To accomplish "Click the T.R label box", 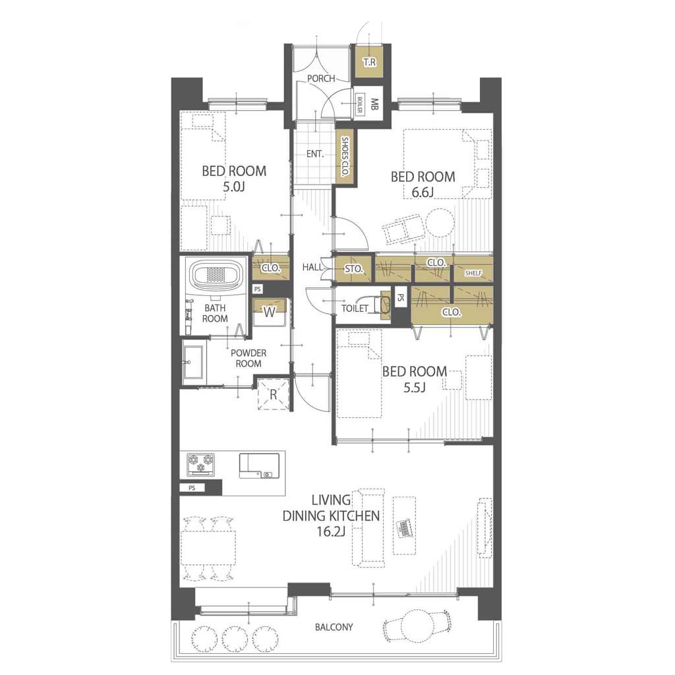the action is pos(368,62).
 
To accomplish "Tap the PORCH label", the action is pos(321,78).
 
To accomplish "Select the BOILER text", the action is pos(360,105).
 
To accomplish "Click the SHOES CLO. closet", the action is pos(344,157).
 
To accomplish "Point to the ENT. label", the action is pos(315,154).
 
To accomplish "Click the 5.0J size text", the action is pos(234,187).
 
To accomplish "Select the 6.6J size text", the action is pos(422,192).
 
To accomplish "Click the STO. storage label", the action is pos(353,269).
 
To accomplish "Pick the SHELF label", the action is pos(473,273).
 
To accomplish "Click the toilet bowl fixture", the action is pos(382,305).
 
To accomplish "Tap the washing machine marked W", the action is pos(270,312).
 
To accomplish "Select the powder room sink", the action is pos(193,362).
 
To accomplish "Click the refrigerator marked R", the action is pos(273,394).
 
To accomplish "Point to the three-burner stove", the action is pos(200,464).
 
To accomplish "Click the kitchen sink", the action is pos(259,465).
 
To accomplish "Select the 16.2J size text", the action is pos(331,532).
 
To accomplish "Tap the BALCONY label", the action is pos(334,627).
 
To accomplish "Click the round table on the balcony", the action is pos(417,624).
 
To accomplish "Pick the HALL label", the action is pos(312,267).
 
